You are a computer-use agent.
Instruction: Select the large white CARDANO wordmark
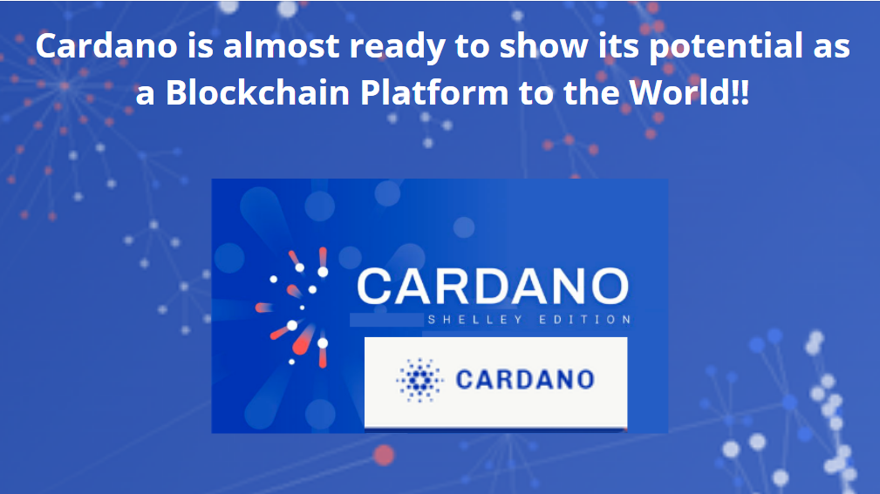pyautogui.click(x=493, y=287)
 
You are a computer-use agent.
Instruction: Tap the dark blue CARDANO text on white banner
pyautogui.click(x=525, y=379)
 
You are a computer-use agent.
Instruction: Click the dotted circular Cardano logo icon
pyautogui.click(x=420, y=380)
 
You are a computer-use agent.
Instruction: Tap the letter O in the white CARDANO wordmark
pyautogui.click(x=607, y=287)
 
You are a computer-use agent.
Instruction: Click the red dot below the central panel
pyautogui.click(x=384, y=454)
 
